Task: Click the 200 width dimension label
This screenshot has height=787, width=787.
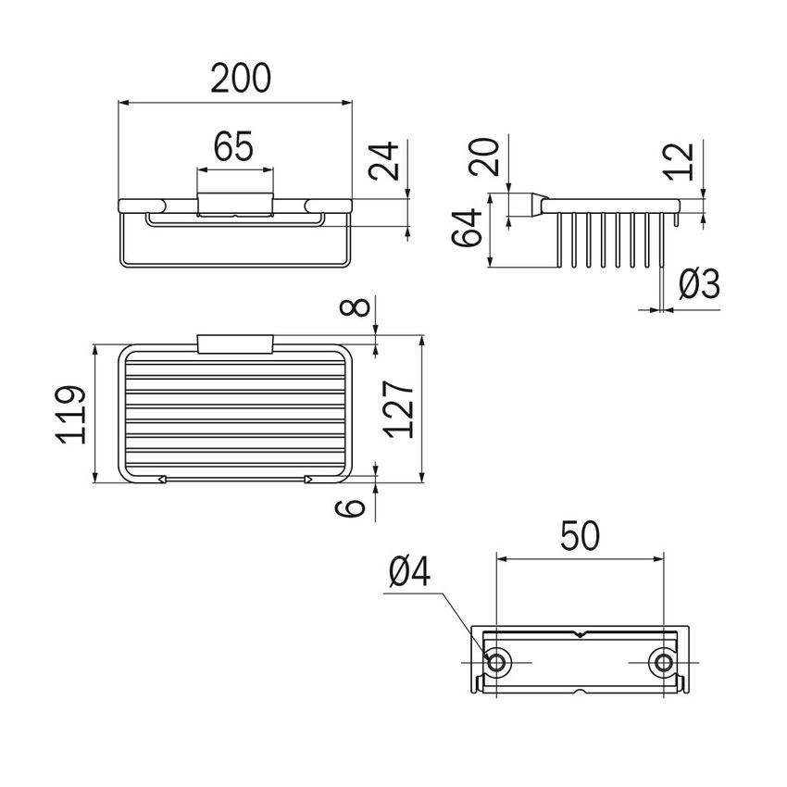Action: coord(241,79)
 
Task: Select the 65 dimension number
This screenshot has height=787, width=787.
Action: coord(234,146)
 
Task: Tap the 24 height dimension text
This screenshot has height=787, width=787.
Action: coord(384,160)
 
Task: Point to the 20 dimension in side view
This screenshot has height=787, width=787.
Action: coord(484,157)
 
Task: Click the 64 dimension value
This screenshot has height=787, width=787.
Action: coord(467,228)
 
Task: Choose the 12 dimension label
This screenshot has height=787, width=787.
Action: coord(679,161)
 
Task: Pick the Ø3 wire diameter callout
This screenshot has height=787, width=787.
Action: coord(699,283)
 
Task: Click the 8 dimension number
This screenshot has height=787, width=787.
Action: coord(355,306)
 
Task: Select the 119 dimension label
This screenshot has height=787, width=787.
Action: coord(70,415)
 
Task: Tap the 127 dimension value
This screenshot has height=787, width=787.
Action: coord(398,409)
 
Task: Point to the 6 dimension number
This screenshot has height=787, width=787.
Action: coord(350,507)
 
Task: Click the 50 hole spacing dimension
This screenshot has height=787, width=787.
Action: coord(580,535)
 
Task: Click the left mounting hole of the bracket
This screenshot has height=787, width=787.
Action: coord(496,663)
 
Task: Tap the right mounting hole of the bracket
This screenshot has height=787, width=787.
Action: coord(664,663)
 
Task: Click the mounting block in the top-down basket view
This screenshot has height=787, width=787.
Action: coord(235,344)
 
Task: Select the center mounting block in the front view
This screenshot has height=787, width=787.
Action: coord(235,205)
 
